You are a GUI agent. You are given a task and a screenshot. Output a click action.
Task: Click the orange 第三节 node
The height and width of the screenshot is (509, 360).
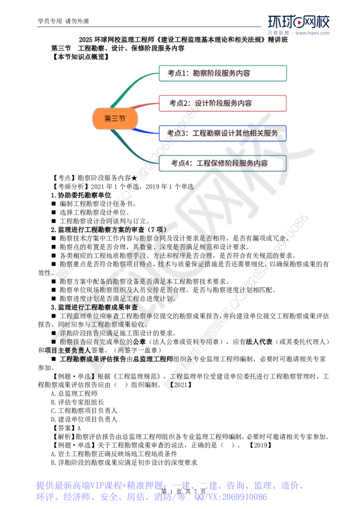tap(115, 119)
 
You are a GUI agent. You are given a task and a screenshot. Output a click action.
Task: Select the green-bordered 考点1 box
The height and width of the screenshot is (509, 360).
tap(223, 73)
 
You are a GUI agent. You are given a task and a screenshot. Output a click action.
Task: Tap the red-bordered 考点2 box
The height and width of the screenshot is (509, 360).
tap(223, 103)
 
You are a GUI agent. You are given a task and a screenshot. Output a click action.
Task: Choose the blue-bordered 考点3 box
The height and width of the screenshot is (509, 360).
tap(223, 134)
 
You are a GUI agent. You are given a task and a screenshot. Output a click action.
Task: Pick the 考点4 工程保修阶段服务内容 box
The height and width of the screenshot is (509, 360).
tap(223, 164)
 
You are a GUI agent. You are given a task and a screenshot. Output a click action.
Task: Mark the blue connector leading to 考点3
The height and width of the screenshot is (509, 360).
tap(144, 131)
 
